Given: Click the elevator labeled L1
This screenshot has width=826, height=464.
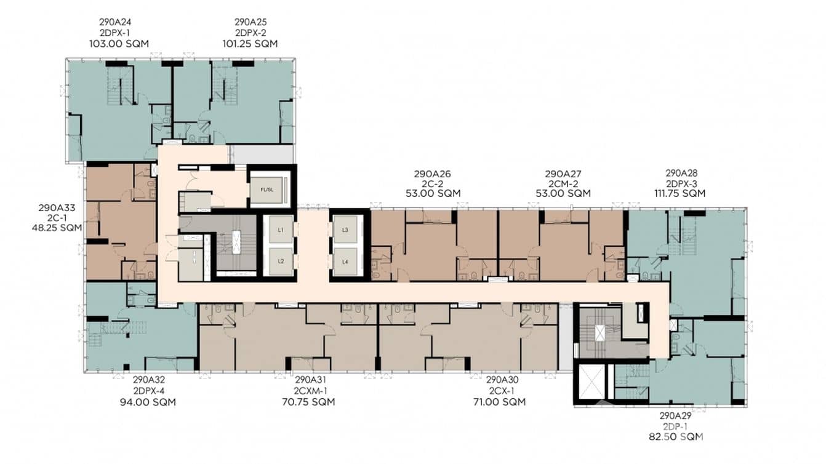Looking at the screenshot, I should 280,230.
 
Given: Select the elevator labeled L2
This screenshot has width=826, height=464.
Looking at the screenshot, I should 280,261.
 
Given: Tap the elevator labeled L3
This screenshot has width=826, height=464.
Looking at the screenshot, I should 345,230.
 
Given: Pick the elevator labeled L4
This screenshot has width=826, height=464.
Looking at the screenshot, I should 345,261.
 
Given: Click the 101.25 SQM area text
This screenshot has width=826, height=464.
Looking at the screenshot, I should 250,44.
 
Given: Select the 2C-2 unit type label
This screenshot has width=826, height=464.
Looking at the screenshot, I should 432,183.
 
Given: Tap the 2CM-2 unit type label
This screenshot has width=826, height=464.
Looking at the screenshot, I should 563,183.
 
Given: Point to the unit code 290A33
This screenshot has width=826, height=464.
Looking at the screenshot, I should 57,208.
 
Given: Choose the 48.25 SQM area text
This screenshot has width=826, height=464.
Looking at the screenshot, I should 57,228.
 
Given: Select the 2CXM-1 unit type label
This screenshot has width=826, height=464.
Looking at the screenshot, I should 306,391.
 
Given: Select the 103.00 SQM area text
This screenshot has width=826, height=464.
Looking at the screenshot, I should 119,44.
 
